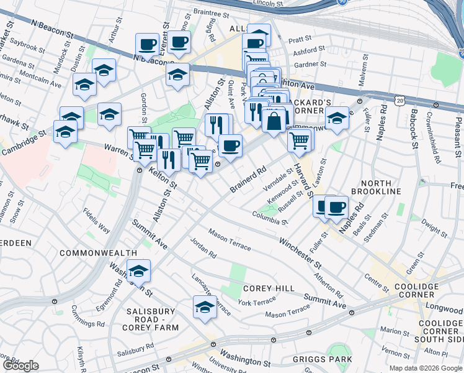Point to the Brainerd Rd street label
(x=248, y=178)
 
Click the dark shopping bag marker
(x=274, y=120)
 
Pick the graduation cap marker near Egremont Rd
(x=139, y=271)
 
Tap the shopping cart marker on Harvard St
(x=300, y=140)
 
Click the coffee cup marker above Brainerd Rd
(x=230, y=146)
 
